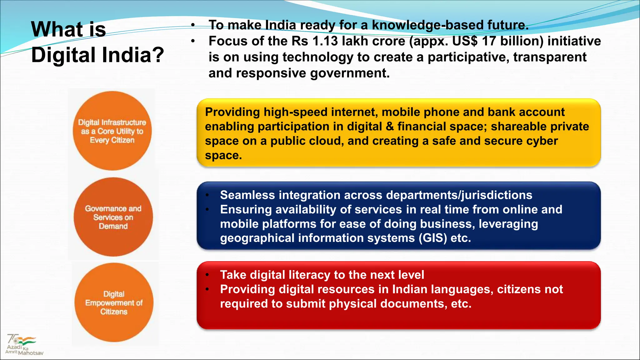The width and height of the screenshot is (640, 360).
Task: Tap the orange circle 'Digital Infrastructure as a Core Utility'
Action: (x=112, y=131)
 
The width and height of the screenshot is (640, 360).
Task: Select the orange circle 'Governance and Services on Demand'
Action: (x=113, y=217)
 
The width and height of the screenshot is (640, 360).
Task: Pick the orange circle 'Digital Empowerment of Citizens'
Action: (x=114, y=302)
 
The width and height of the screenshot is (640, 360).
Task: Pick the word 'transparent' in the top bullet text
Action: (x=550, y=57)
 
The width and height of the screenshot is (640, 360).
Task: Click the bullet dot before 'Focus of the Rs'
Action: (x=193, y=41)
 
